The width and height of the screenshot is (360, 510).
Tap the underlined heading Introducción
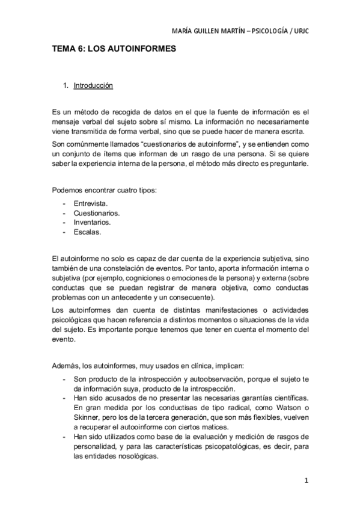tap(93, 86)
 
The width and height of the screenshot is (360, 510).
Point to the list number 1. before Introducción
tap(66, 86)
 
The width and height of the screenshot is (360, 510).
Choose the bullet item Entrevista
tap(91, 204)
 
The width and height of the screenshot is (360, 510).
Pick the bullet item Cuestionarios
tap(96, 213)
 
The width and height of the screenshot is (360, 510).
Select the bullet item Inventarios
tap(93, 222)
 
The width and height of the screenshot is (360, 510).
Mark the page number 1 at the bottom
tap(306, 481)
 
